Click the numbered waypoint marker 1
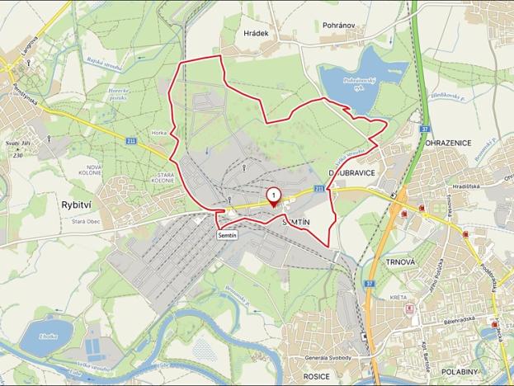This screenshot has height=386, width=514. tap(273, 195)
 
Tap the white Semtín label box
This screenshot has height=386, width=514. tap(229, 236)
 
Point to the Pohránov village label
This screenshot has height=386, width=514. tap(338, 26)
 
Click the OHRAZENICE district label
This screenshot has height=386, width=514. tap(448, 143)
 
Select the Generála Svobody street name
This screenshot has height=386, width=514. tap(326, 357)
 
